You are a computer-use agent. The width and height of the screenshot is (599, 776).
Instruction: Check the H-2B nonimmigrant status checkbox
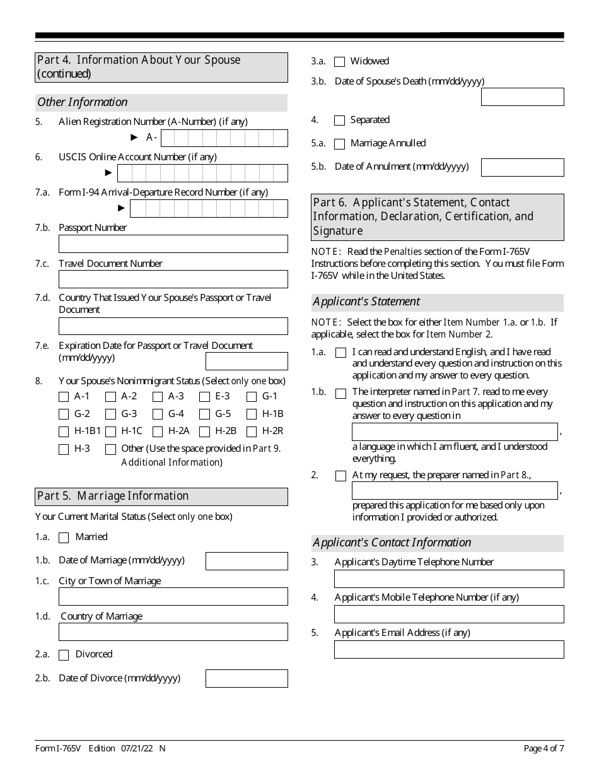pos(204,432)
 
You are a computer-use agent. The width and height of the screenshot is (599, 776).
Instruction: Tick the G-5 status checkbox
pos(204,414)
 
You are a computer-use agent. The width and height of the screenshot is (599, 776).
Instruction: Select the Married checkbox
pos(64,538)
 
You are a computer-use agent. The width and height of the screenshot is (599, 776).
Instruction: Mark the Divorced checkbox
pos(64,655)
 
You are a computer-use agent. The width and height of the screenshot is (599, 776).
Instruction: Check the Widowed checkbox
pos(339,62)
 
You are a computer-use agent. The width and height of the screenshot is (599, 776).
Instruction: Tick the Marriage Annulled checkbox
pos(339,144)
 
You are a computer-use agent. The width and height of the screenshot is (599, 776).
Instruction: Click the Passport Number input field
pos(173,244)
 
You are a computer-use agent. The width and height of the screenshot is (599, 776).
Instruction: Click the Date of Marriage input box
pos(247,561)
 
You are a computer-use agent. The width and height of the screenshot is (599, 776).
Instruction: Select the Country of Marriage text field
pos(173,632)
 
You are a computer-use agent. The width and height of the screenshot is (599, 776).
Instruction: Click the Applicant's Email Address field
pos(449,649)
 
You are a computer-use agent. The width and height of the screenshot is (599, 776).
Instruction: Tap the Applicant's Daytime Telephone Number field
pos(449,579)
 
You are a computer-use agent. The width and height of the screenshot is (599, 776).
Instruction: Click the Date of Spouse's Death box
pos(522,97)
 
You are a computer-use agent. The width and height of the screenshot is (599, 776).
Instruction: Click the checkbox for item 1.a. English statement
pos(340,353)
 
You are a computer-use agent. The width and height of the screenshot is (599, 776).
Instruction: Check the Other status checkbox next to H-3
pos(110,450)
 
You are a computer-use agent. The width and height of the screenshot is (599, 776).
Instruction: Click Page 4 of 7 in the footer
pos(544,749)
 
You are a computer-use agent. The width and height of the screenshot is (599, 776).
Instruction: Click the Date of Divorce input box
pos(247,678)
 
